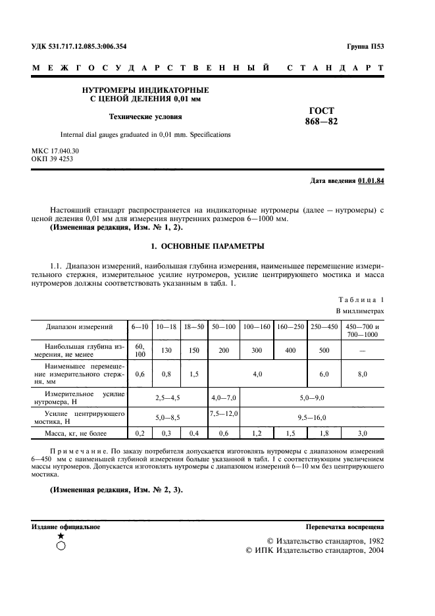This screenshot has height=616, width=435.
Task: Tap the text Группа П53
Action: click(365, 46)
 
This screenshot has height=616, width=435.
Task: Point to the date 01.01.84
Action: click(371, 180)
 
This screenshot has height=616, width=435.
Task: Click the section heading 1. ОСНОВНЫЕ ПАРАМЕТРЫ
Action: click(207, 246)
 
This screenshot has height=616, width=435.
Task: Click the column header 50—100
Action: click(224, 326)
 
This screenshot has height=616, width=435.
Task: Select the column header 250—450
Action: click(324, 326)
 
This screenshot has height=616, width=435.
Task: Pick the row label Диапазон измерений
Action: click(79, 326)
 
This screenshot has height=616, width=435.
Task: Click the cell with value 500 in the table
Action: click(324, 350)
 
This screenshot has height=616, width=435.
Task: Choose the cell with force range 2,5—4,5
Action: click(167, 398)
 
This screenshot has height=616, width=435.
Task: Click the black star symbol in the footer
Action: click(61, 536)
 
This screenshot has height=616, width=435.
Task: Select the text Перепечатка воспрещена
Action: click(345, 527)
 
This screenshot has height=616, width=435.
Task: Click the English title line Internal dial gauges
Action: click(145, 134)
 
